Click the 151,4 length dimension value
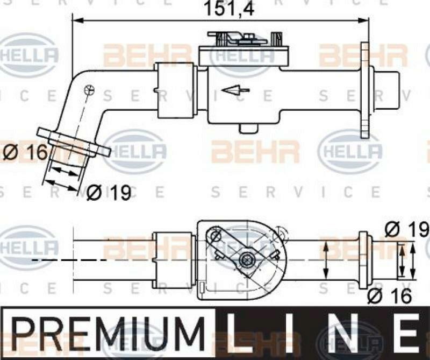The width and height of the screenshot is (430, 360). (x=221, y=9)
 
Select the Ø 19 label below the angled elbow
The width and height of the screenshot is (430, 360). (x=109, y=192)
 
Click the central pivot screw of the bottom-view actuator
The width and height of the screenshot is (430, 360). (x=247, y=260)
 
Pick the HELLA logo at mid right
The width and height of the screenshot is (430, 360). (x=350, y=151)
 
